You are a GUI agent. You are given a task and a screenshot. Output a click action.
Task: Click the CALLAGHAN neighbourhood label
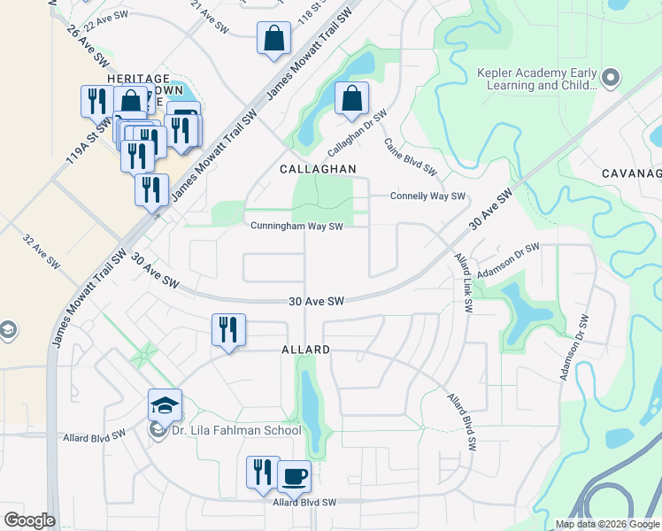point(318,168)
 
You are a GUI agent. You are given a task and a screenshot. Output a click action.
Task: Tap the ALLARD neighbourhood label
point(307,350)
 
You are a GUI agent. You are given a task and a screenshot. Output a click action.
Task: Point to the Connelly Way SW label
point(428,196)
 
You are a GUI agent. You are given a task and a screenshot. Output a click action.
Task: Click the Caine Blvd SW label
point(410,156)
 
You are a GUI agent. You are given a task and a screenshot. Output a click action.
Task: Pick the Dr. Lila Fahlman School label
point(236,431)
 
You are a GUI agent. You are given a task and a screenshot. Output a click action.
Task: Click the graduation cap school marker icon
point(165,404)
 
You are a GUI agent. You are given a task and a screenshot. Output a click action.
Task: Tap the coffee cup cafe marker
point(294,475)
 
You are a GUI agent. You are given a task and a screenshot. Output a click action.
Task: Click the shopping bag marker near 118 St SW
point(274,38)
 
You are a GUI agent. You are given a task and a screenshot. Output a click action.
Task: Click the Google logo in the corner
point(29,520)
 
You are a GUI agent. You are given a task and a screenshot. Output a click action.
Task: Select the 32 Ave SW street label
point(41,252)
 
